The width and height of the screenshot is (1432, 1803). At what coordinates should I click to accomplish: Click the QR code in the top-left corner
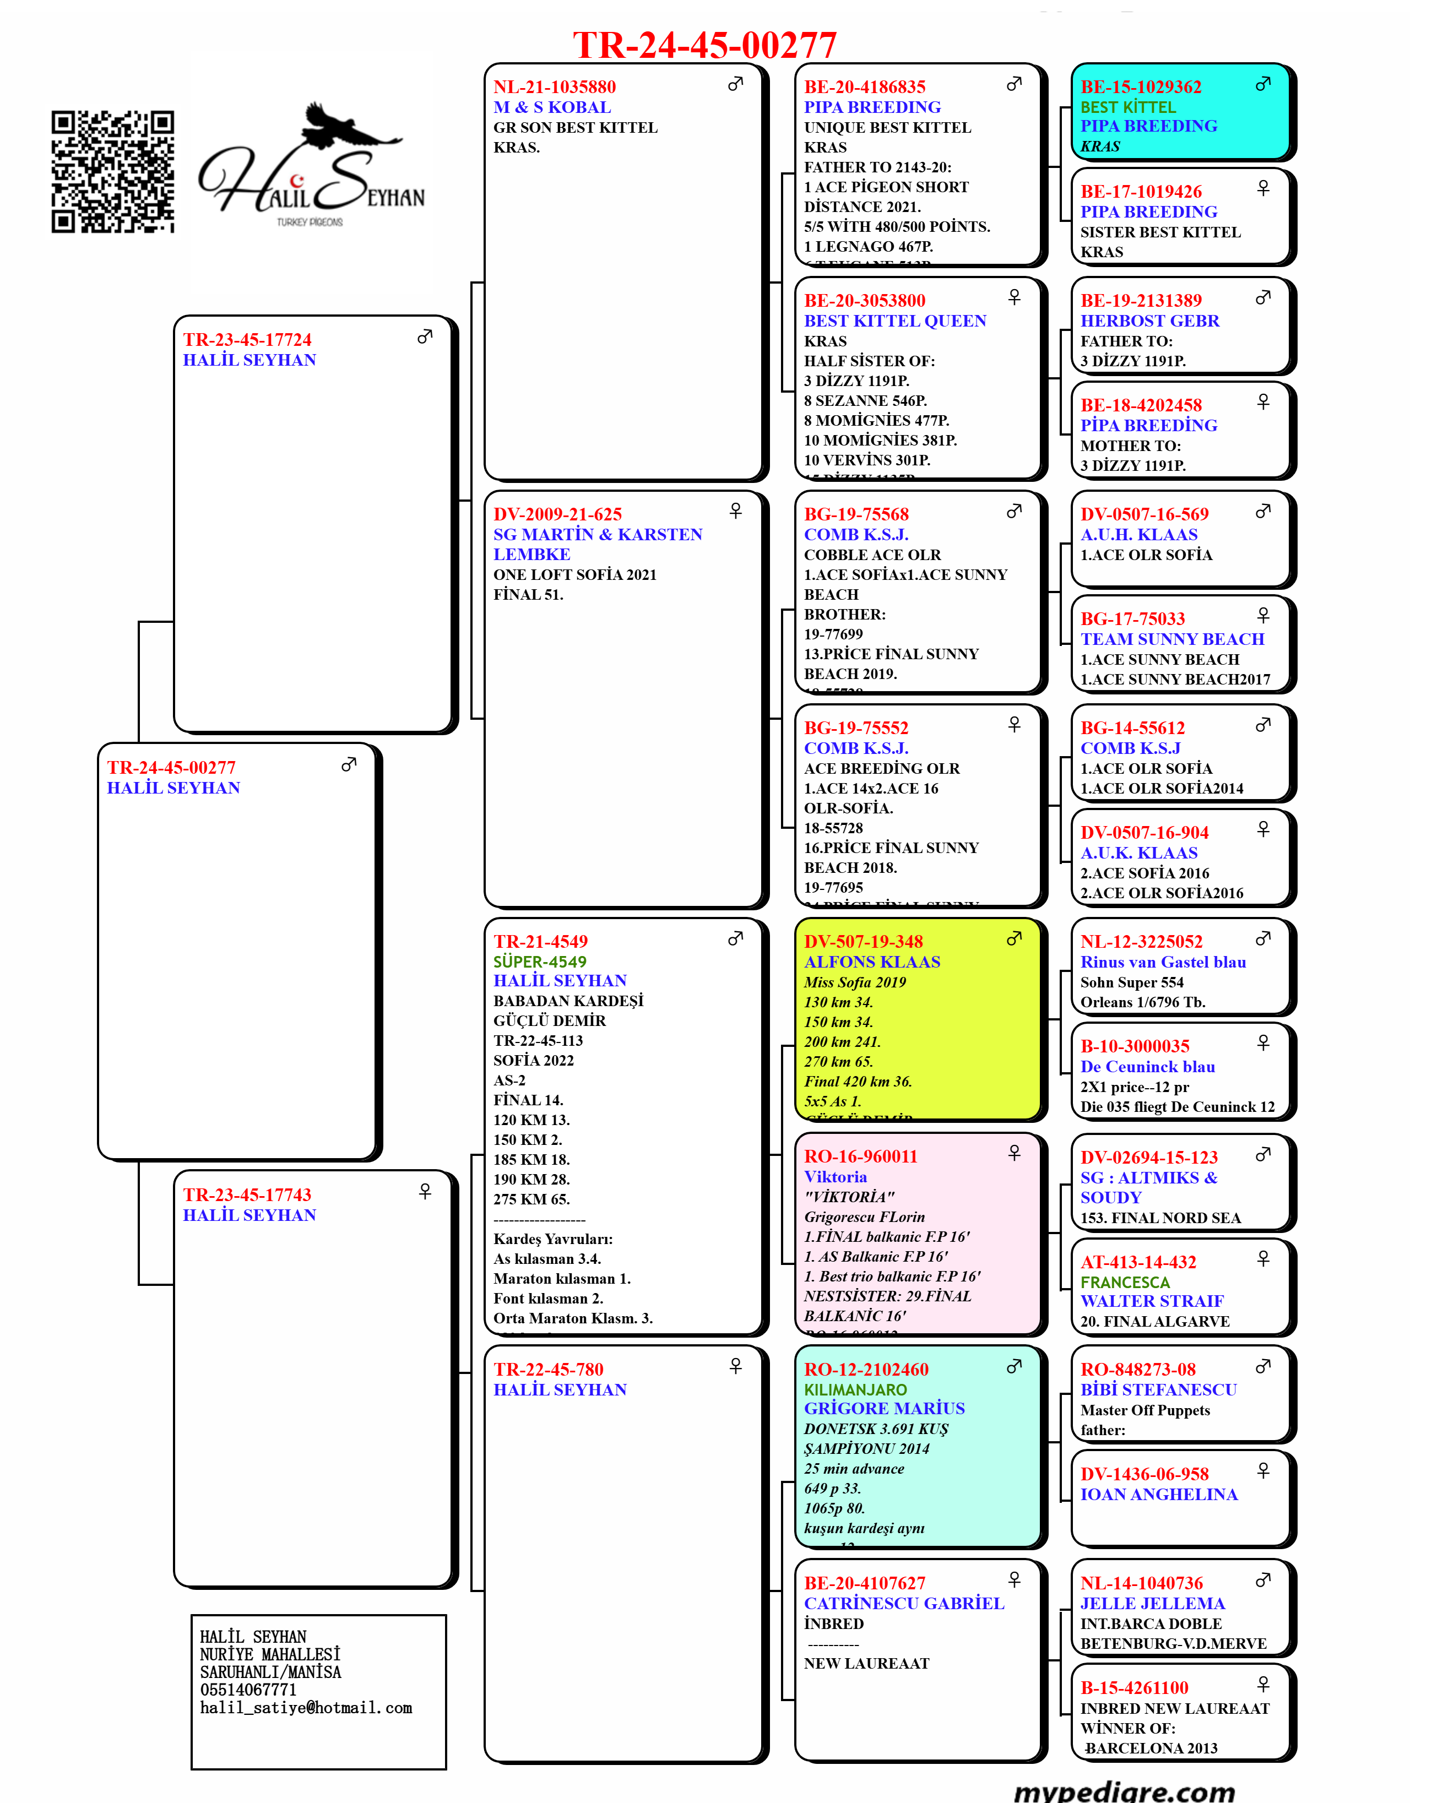tap(113, 171)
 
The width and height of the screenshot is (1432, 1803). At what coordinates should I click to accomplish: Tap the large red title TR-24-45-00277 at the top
tap(704, 45)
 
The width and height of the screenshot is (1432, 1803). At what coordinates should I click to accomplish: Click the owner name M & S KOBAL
tap(552, 107)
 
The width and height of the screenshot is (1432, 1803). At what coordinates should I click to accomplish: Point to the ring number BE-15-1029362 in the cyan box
tap(1141, 87)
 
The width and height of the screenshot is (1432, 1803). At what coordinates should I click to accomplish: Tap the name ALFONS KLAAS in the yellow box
tap(871, 962)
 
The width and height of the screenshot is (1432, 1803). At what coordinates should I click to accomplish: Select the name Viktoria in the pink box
tap(835, 1177)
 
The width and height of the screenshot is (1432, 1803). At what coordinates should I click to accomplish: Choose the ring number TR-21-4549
tap(540, 942)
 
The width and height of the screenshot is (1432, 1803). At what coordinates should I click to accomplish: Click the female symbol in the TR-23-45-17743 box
tap(425, 1191)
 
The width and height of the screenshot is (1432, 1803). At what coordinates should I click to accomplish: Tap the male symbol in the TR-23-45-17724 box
tap(425, 336)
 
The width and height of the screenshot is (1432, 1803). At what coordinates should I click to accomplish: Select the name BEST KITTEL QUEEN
tap(895, 321)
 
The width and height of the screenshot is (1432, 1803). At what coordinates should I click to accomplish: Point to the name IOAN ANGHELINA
tap(1158, 1495)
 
